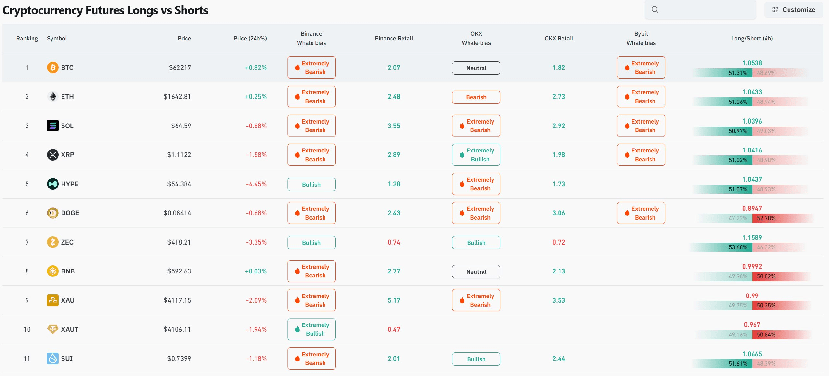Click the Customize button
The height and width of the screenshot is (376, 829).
[x=793, y=10]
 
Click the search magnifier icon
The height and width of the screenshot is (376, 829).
[x=655, y=10]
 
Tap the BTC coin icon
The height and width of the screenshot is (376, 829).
[x=53, y=67]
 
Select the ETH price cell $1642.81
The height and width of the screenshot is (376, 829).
[x=177, y=97]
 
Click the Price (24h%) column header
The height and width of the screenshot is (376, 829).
[x=250, y=38]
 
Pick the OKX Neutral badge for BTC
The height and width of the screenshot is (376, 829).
[x=476, y=68]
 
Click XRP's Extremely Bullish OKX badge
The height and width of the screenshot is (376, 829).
[x=476, y=155]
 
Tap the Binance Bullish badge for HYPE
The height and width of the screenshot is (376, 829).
[x=311, y=184]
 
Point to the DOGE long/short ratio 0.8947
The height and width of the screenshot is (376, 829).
[x=752, y=208]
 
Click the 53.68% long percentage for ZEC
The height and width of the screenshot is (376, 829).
[x=738, y=247]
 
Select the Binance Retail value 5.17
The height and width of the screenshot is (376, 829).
[x=394, y=300]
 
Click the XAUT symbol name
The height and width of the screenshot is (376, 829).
[x=70, y=329]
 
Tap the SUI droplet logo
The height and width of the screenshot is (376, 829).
[x=53, y=358]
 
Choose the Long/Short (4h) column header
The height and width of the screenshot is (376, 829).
[x=752, y=38]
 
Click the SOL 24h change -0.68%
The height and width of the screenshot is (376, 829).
[x=256, y=126]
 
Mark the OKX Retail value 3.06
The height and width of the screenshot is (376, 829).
[x=559, y=213]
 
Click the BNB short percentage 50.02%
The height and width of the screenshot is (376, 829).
[x=766, y=276]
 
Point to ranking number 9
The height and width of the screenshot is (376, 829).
[x=27, y=300]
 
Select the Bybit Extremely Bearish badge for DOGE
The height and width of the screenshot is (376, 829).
[x=641, y=213]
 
